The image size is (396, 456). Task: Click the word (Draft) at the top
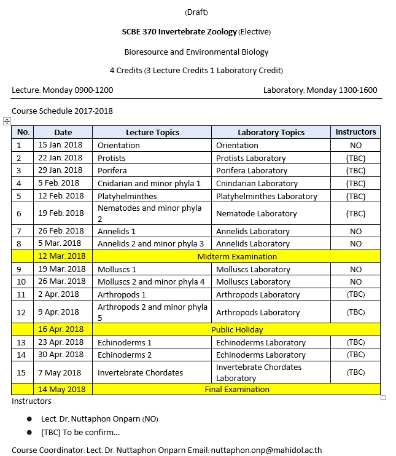coord(196,12)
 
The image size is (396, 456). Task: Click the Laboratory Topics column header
coord(271,132)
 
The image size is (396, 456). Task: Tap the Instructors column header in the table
coord(355,132)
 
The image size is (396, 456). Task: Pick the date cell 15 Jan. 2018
coord(60,146)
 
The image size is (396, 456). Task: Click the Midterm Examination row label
coord(236,256)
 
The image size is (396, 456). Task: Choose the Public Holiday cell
coord(236,329)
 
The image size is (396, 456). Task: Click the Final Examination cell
coord(236,389)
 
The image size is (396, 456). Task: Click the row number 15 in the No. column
coord(19,372)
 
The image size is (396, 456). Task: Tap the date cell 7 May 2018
coord(60,372)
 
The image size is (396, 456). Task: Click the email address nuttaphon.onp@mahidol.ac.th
coord(266,450)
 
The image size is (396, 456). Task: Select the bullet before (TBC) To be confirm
coord(29,432)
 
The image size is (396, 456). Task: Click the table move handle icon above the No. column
coord(7,122)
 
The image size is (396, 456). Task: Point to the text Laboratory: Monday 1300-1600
coord(320,90)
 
